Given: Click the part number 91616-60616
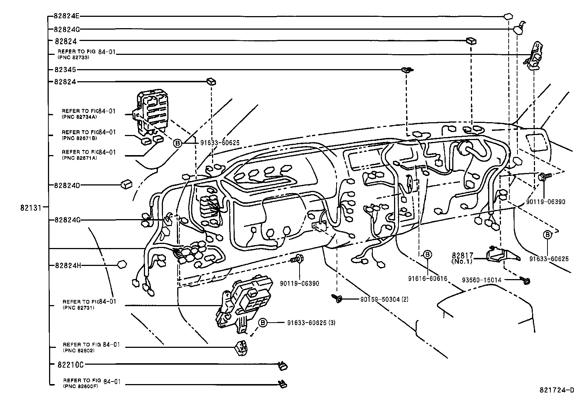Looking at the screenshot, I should [x=428, y=278].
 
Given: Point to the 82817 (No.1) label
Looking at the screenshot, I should [x=462, y=258].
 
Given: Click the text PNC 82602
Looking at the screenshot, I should [x=78, y=350].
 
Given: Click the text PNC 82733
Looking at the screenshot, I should [x=73, y=57].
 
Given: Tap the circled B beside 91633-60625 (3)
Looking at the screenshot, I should [x=262, y=323].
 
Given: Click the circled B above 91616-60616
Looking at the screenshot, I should [x=427, y=255].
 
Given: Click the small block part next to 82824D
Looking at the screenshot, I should [x=126, y=184].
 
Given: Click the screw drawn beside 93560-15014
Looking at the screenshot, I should [x=526, y=281].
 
